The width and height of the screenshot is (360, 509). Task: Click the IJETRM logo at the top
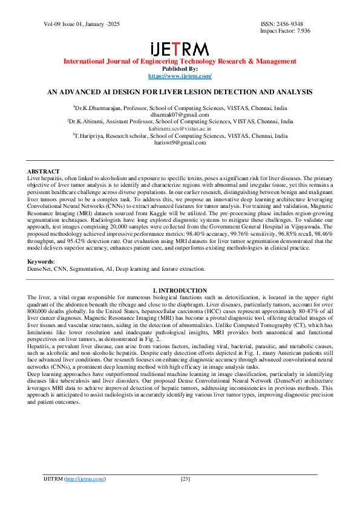point(180,49)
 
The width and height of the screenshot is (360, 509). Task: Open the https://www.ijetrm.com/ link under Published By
point(180,76)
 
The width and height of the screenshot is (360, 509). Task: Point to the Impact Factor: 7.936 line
point(285,30)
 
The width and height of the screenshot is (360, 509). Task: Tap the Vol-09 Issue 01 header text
point(73,24)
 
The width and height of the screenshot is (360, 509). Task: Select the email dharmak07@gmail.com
point(180,114)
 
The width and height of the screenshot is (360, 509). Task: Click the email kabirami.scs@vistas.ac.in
point(180,129)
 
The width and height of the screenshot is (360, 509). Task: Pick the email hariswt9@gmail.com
point(180,143)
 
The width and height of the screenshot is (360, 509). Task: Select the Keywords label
point(41,262)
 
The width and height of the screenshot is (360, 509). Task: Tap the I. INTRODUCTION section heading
point(180,291)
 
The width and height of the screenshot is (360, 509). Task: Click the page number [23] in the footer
point(186,479)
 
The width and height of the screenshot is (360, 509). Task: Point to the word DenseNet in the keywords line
point(39,268)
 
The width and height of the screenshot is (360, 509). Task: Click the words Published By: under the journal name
point(180,69)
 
